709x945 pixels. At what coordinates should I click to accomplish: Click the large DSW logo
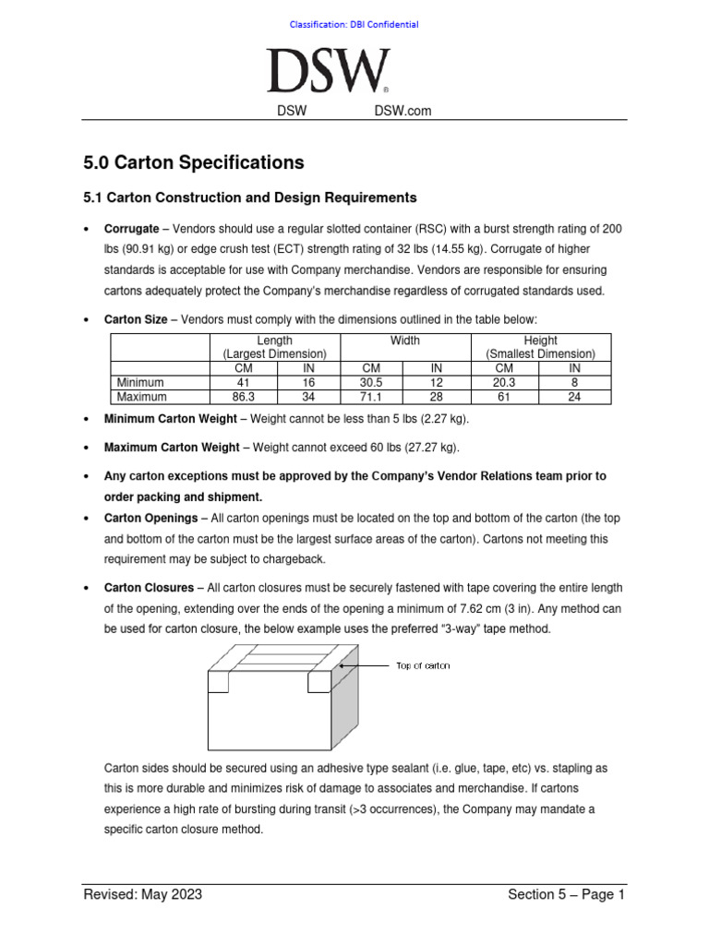(328, 71)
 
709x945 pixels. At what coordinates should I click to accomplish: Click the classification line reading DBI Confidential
(354, 24)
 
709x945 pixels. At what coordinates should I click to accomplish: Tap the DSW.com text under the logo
(403, 112)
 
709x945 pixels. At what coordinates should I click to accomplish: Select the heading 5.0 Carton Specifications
(193, 162)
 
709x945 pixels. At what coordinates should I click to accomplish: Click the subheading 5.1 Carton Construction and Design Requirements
(249, 197)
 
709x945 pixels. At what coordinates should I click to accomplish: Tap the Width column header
(404, 341)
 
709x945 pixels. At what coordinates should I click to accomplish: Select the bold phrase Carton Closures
(149, 588)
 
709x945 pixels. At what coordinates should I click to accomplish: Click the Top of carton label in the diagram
(423, 665)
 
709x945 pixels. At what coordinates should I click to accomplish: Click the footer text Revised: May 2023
(143, 894)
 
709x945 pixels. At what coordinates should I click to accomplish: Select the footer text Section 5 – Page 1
(566, 894)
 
